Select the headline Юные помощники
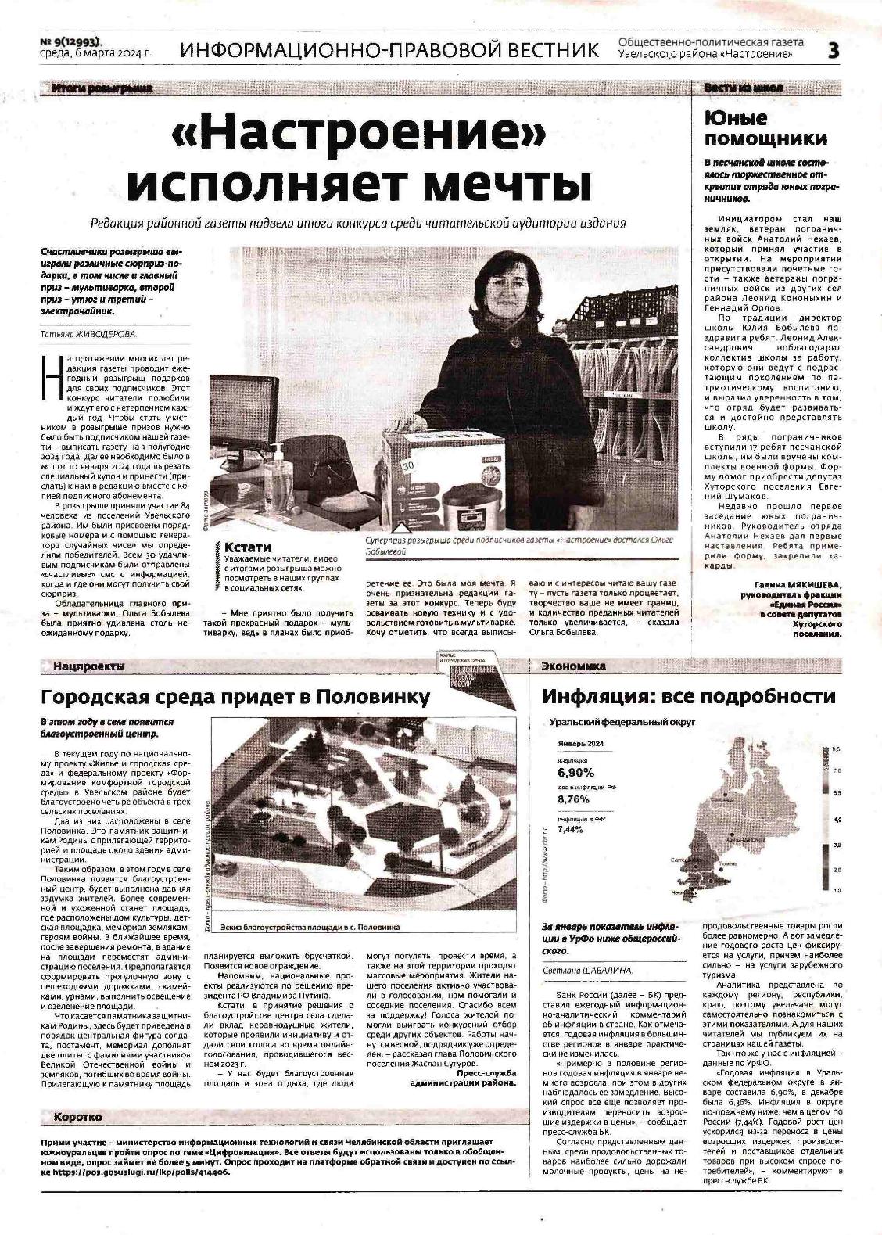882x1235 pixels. pyautogui.click(x=765, y=128)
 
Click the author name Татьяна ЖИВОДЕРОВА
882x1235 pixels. pyautogui.click(x=88, y=334)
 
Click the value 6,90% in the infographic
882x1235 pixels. pyautogui.click(x=576, y=773)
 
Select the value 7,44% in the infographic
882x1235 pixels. pyautogui.click(x=571, y=829)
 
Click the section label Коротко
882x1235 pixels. pyautogui.click(x=78, y=1117)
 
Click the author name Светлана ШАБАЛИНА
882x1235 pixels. pyautogui.click(x=588, y=971)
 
